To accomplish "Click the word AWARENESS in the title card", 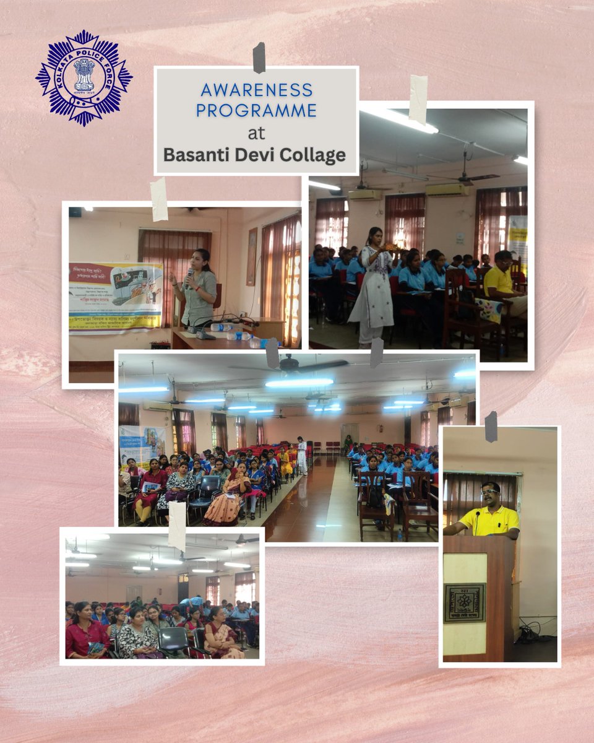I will click(256, 90).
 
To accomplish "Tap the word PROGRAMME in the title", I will click(256, 110).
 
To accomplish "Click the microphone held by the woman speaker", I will click(189, 276).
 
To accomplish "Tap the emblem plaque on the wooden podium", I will click(464, 602).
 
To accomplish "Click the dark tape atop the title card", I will click(259, 58).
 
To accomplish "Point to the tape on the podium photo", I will click(491, 426).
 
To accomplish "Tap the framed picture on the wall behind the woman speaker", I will click(252, 256).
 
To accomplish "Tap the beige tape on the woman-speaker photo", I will click(159, 199).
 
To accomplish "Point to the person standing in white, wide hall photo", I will click(301, 455).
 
